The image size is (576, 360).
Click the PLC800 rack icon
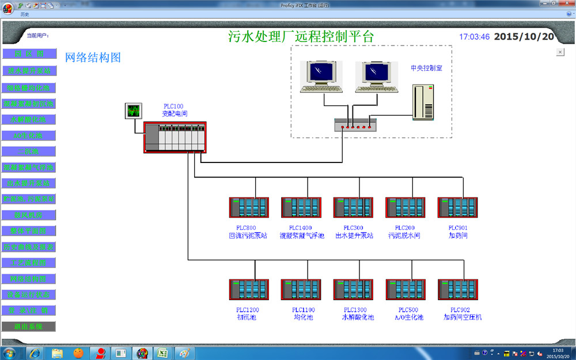249,207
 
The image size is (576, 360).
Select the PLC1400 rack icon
301,207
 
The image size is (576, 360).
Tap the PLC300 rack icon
353,207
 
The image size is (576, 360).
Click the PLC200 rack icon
405,207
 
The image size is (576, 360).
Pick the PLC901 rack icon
457,207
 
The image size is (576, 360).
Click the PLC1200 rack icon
249,289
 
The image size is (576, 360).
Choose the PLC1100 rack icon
301,289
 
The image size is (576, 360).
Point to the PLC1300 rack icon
353,289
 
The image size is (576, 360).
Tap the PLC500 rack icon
405,289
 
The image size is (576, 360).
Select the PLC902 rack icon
457,289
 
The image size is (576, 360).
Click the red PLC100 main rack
175,138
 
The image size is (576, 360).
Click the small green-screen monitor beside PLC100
133,111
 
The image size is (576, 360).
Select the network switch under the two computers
355,123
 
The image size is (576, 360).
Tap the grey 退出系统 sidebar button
29,326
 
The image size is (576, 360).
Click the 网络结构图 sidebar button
29,279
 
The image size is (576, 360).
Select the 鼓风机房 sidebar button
29,215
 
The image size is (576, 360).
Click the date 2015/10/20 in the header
524,36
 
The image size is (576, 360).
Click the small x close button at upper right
560,52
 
